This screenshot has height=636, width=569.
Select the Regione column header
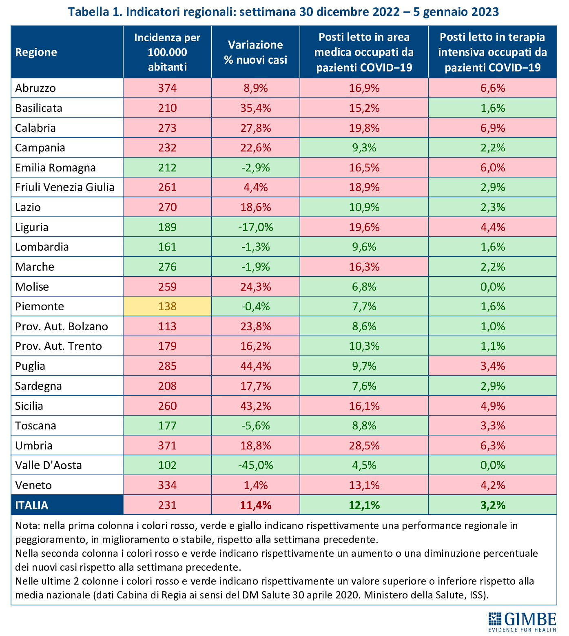click(x=36, y=52)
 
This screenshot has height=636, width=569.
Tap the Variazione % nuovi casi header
click(x=256, y=52)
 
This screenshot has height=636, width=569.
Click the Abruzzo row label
click(x=35, y=88)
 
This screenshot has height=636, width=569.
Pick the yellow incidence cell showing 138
click(x=168, y=306)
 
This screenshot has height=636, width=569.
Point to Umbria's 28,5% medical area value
click(x=364, y=445)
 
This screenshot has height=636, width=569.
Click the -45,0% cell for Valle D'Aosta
click(x=256, y=465)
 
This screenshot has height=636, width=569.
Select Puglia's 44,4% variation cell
click(x=256, y=366)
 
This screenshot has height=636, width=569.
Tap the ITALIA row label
click(x=32, y=505)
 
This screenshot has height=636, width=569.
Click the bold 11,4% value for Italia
click(x=256, y=505)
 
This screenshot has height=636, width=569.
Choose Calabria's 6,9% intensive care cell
click(x=493, y=128)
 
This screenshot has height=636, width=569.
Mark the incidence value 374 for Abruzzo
click(x=168, y=88)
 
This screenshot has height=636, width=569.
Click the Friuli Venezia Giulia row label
click(x=65, y=187)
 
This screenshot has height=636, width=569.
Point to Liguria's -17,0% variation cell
click(x=256, y=227)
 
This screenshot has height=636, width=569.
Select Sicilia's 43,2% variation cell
click(x=256, y=406)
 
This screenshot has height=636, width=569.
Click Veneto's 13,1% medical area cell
click(x=364, y=485)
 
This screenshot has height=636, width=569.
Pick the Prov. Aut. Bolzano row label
click(x=62, y=327)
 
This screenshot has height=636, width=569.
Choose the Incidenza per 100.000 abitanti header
click(x=168, y=52)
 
